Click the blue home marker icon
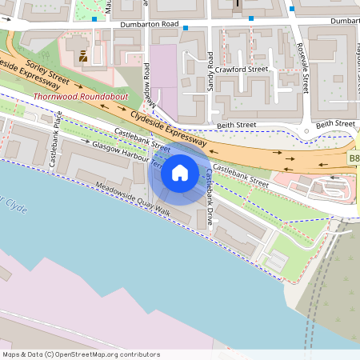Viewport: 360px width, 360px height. tap(179, 172)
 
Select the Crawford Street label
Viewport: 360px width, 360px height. tap(246, 70)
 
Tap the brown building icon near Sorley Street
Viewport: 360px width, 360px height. tap(83, 56)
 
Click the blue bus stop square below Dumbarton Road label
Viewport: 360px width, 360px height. tap(186, 29)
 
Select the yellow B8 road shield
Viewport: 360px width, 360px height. tap(354, 160)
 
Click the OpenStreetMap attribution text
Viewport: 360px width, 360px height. tap(81, 354)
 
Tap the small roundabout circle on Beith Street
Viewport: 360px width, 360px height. tap(304, 131)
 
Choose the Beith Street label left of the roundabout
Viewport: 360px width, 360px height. tap(236, 126)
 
